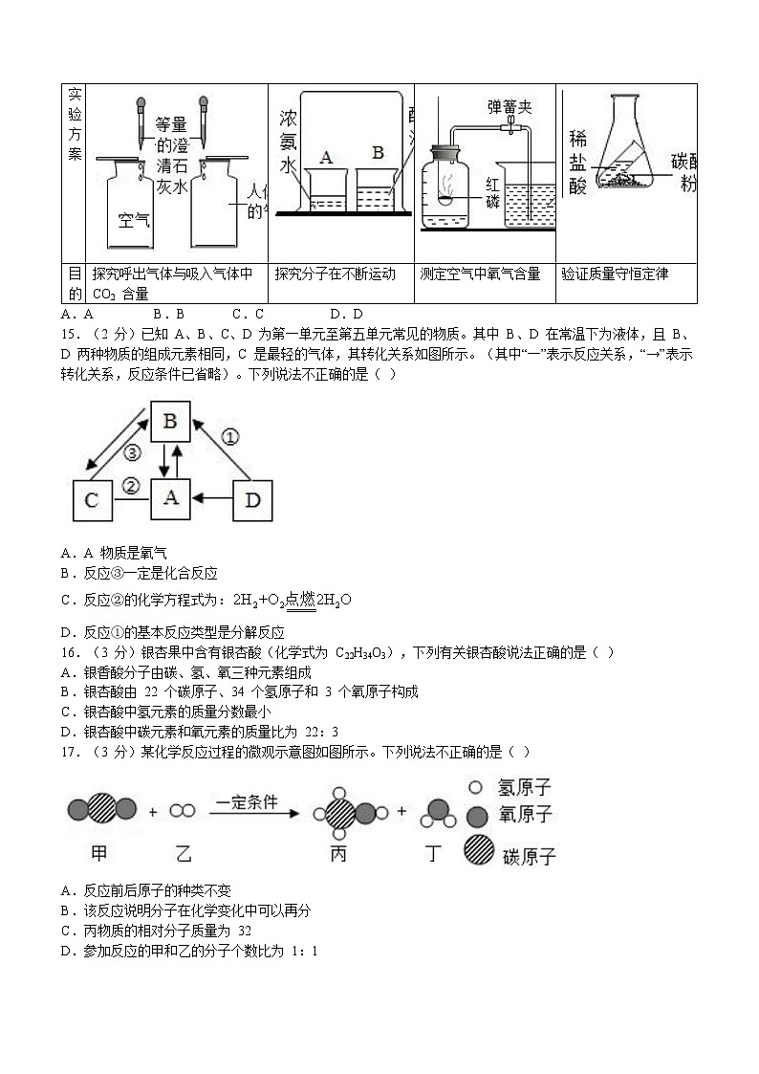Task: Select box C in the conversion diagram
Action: coord(93,500)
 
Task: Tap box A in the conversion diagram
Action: coord(170,498)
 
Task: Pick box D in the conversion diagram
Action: coord(253,500)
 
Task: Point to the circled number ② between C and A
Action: coord(131,486)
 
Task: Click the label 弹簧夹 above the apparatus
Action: coord(509,107)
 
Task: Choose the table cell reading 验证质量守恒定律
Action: coord(615,274)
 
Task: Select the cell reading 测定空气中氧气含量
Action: coord(480,274)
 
